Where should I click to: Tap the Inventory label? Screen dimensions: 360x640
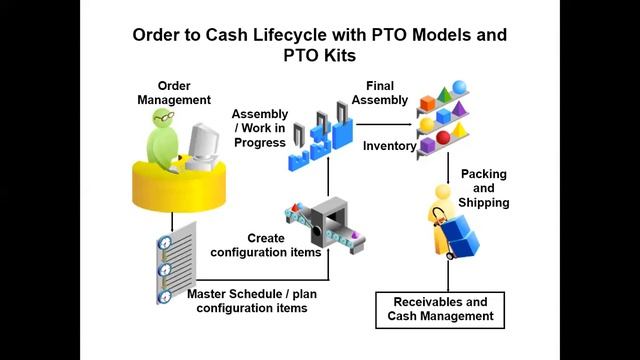[388, 146]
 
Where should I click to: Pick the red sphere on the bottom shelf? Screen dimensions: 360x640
[442, 138]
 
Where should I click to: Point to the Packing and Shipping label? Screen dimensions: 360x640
[484, 188]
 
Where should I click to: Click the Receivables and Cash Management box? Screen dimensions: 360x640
[440, 308]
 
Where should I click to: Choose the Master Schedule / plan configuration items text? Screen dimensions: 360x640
[246, 301]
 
